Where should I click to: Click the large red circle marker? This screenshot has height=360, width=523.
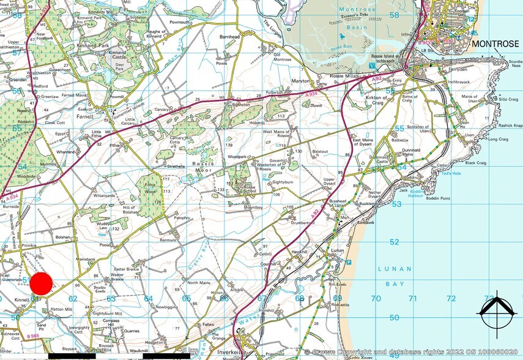point(42,285)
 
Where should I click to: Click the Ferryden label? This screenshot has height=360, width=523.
point(458,70)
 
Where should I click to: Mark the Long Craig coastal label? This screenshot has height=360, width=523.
point(497,139)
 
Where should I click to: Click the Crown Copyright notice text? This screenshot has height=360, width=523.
point(413,352)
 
